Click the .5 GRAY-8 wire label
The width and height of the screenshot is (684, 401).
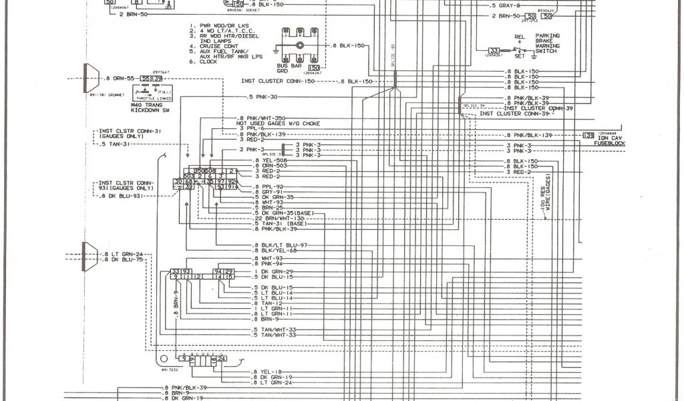[506, 6]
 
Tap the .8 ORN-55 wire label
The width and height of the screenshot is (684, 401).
[120, 79]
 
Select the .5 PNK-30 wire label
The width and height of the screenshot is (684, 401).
[263, 98]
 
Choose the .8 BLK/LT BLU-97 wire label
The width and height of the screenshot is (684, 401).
[281, 245]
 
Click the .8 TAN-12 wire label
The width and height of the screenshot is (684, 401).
[266, 303]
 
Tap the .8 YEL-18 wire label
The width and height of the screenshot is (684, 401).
[267, 371]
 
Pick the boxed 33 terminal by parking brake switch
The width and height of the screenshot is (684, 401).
[494, 51]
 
